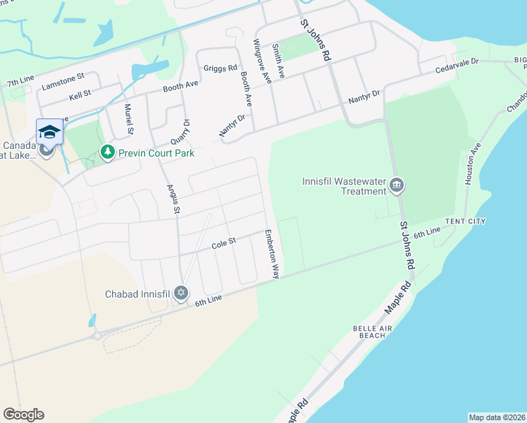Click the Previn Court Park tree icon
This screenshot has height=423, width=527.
click(x=107, y=152)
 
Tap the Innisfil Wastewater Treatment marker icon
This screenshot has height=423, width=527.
click(x=397, y=185)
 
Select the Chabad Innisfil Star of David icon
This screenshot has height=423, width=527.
click(x=181, y=293)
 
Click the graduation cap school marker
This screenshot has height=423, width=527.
click(x=49, y=131)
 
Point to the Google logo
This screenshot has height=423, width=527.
click(x=23, y=415)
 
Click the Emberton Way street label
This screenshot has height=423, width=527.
click(x=272, y=253)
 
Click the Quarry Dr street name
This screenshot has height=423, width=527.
click(x=186, y=130)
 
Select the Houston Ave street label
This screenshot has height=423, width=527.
click(x=472, y=164)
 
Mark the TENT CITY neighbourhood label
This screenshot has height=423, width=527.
click(x=466, y=221)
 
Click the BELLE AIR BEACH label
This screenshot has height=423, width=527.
click(x=370, y=331)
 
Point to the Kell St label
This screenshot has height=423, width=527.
click(x=80, y=94)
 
